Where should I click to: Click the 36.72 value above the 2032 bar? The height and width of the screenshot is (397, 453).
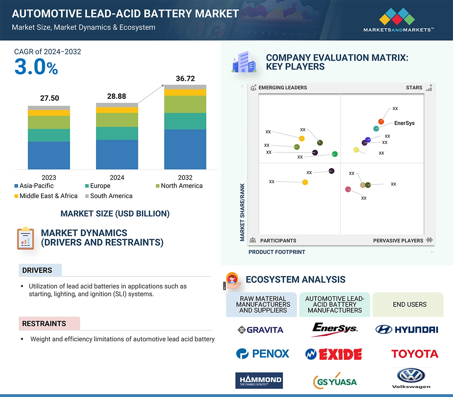[x=185, y=79]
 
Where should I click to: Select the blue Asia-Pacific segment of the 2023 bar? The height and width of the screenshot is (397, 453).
[x=49, y=155]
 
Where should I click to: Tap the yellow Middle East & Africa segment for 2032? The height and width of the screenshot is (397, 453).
[x=185, y=92]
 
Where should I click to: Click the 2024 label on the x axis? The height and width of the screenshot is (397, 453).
[x=117, y=178]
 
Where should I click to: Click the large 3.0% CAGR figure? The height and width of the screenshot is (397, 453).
[x=36, y=67]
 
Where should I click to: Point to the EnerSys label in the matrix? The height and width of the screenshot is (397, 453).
[x=404, y=123]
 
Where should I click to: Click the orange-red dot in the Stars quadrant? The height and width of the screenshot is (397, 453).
[x=381, y=121]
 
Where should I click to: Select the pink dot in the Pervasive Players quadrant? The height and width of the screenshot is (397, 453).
[x=348, y=189]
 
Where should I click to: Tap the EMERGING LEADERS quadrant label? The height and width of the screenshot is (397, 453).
[x=282, y=87]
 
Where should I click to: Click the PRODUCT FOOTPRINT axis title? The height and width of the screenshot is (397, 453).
[x=276, y=252]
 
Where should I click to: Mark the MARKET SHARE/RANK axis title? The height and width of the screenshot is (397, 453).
[x=242, y=212]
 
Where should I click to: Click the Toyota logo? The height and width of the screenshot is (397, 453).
[x=414, y=354]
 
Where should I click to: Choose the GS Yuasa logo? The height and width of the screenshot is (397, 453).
[x=335, y=381]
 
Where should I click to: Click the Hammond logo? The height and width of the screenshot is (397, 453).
[x=259, y=380]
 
